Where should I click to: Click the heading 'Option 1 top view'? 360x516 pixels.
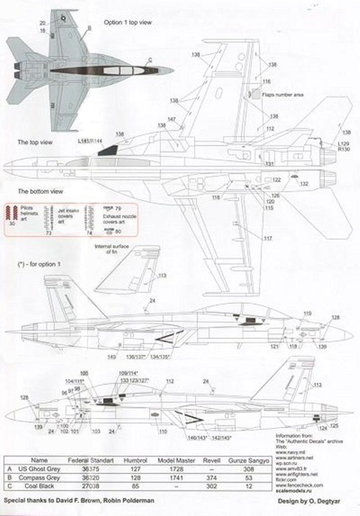tap(128, 23)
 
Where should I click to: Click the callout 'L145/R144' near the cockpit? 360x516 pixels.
tap(90, 141)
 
